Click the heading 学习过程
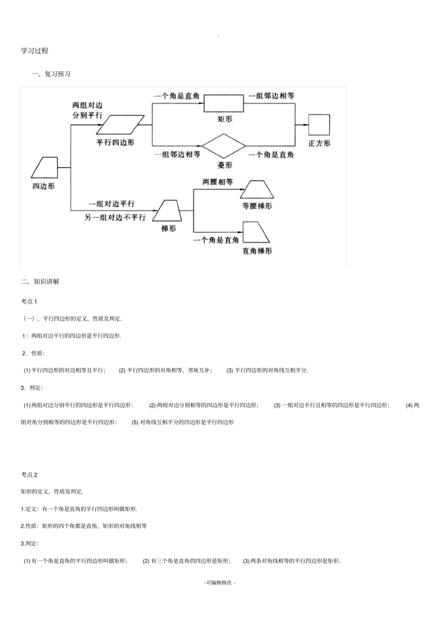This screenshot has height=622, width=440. (x=35, y=51)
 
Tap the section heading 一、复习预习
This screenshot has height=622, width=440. (x=51, y=74)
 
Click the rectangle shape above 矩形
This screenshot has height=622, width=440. (x=224, y=103)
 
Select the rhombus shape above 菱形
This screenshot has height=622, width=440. (x=224, y=146)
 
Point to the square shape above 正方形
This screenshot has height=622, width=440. (x=319, y=125)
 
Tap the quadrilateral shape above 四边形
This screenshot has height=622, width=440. (x=44, y=167)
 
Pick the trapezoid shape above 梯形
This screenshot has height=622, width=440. (x=166, y=211)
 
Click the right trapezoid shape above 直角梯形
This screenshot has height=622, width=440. (x=256, y=232)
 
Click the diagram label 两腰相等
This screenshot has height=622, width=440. (x=218, y=182)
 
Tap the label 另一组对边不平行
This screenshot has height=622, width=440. (x=115, y=217)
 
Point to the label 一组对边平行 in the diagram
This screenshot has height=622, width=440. (x=112, y=203)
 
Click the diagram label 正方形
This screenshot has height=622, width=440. (x=319, y=143)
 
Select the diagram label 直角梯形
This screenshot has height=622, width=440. (x=257, y=251)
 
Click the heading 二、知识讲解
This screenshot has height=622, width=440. (x=40, y=281)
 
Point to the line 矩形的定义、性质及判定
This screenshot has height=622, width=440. (x=52, y=491)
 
